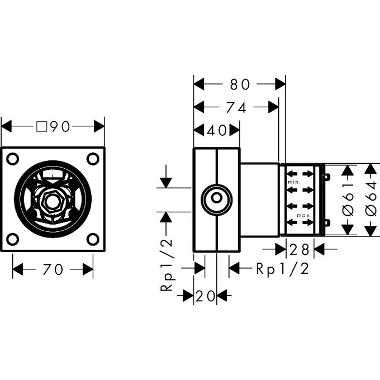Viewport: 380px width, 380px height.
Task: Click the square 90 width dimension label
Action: click(53, 127)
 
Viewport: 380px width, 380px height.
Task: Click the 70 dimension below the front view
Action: click(53, 270)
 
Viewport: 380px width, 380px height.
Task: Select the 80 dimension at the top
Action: click(239, 84)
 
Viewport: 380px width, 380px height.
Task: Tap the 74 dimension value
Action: click(236, 107)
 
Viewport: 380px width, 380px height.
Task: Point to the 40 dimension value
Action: click(217, 130)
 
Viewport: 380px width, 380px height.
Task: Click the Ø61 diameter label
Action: click(347, 200)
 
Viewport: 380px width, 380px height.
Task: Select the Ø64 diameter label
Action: click(370, 200)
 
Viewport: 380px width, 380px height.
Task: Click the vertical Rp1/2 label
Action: click(166, 264)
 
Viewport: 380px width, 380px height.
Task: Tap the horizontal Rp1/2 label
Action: click(282, 269)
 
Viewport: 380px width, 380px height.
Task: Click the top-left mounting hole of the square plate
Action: click(13, 159)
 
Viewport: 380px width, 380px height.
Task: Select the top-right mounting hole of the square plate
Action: click(93, 159)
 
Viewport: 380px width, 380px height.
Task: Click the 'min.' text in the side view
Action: click(294, 183)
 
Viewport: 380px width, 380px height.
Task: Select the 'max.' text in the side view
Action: click(304, 216)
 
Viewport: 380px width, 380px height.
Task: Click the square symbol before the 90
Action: click(41, 127)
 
